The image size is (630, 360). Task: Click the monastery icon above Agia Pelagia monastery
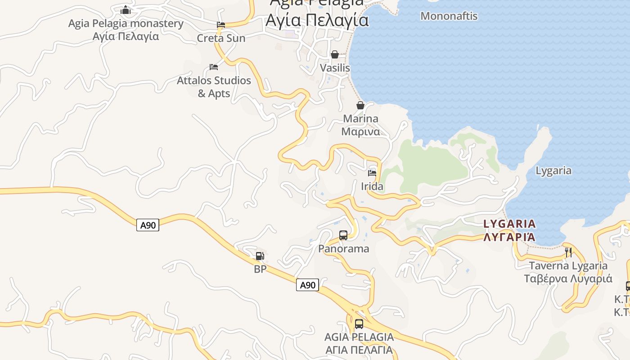click(126, 10)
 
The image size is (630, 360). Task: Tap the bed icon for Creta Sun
click(221, 25)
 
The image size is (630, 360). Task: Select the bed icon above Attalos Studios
click(214, 67)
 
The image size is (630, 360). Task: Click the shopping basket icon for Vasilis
click(335, 54)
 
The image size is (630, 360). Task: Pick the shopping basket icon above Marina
click(360, 105)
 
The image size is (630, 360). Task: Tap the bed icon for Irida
click(372, 173)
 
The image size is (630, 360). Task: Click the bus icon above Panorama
click(343, 235)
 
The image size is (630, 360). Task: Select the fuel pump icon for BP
click(260, 256)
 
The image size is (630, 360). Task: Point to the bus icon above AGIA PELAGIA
click(359, 324)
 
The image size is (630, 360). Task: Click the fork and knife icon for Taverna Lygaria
click(568, 252)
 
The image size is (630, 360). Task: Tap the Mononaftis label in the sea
click(449, 16)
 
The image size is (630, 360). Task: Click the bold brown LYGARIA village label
click(509, 230)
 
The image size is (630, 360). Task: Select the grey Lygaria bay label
click(553, 171)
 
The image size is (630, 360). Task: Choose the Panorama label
click(343, 248)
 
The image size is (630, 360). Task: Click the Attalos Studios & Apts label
click(214, 87)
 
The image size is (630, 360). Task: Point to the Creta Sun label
click(221, 38)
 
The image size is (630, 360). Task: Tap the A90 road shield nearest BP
click(307, 285)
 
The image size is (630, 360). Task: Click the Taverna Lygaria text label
click(568, 272)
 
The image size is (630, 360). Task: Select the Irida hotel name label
click(372, 186)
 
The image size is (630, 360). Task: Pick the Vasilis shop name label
click(335, 68)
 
